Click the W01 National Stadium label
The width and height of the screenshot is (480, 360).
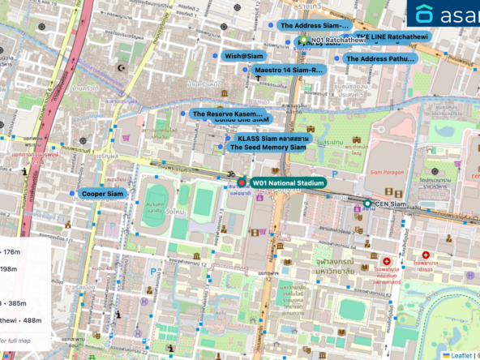288,183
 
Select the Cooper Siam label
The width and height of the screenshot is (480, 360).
103,194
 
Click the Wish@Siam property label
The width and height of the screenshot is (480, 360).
244,56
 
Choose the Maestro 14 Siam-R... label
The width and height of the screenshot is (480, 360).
288,70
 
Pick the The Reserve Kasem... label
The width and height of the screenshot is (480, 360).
228,114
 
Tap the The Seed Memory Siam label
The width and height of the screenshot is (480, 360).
268,148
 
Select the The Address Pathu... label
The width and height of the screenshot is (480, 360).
379,58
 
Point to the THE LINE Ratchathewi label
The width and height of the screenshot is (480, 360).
390,37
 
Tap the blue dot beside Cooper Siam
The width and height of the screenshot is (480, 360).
72,194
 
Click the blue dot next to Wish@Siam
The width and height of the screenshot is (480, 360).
216,56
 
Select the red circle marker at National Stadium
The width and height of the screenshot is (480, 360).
242,183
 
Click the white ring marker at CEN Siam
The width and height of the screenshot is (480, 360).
367,204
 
